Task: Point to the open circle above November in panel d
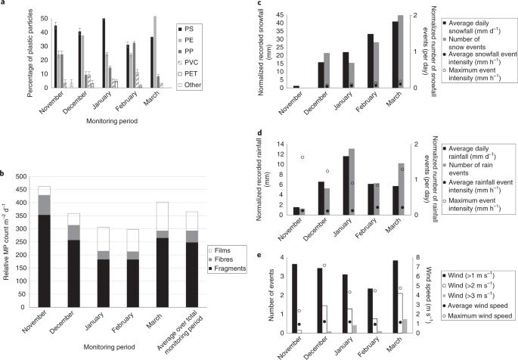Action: [x=302, y=157]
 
